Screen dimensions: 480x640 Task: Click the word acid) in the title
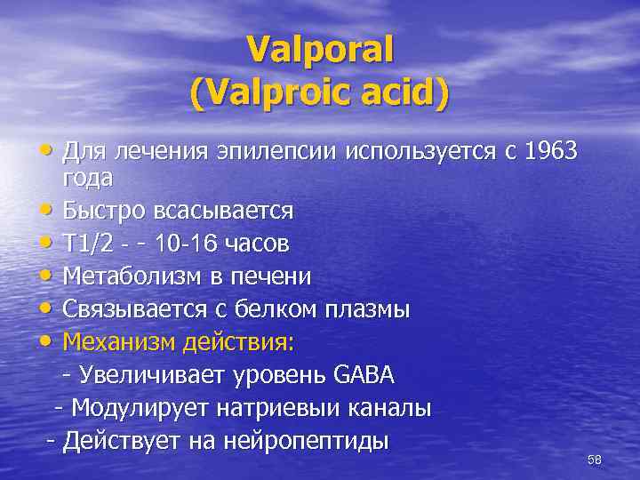pyautogui.click(x=400, y=92)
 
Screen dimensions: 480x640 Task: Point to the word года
pyautogui.click(x=88, y=178)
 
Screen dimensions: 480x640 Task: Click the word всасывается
pyautogui.click(x=223, y=211)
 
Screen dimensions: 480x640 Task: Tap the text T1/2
pyautogui.click(x=88, y=243)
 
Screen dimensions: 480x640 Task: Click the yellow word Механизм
pyautogui.click(x=118, y=341)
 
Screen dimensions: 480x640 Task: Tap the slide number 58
pyautogui.click(x=595, y=459)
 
